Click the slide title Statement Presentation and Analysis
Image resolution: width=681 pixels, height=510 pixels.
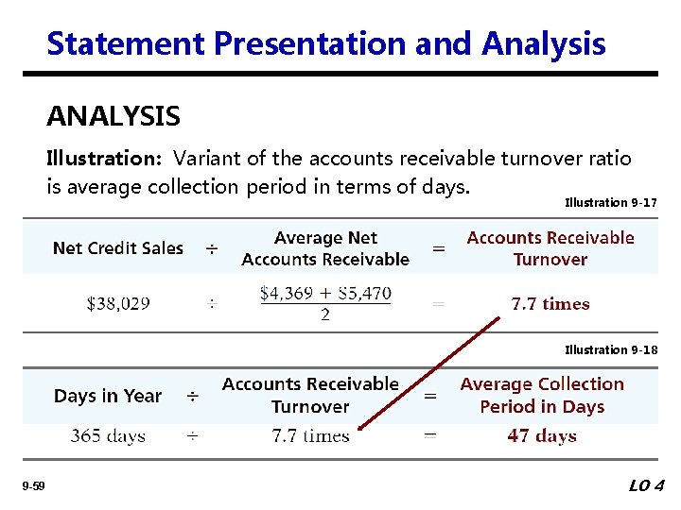point(325,43)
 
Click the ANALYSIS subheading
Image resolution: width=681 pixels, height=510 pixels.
point(113,117)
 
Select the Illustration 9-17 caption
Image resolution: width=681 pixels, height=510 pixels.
point(610,203)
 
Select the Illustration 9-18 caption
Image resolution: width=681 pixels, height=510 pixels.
point(610,350)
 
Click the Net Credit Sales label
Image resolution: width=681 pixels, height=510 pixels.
point(118,248)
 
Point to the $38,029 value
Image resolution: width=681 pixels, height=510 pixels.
point(118,304)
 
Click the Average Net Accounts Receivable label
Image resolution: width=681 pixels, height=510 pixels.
point(325,248)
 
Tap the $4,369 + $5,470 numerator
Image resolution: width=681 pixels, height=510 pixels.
point(325,294)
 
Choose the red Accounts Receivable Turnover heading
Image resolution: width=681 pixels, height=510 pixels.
point(550,248)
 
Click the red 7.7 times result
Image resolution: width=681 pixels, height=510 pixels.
point(550,304)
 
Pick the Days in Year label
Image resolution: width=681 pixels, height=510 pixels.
point(108,397)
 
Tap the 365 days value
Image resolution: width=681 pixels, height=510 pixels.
point(108,436)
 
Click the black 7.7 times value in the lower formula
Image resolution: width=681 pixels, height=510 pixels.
point(310,436)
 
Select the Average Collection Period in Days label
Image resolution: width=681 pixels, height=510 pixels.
point(542,396)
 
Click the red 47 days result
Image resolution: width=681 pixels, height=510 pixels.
point(542,436)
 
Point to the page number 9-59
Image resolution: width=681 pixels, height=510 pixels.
point(34,486)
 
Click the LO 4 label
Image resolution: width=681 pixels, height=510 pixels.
point(647,486)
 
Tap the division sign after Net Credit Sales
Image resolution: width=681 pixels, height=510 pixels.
point(212,248)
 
